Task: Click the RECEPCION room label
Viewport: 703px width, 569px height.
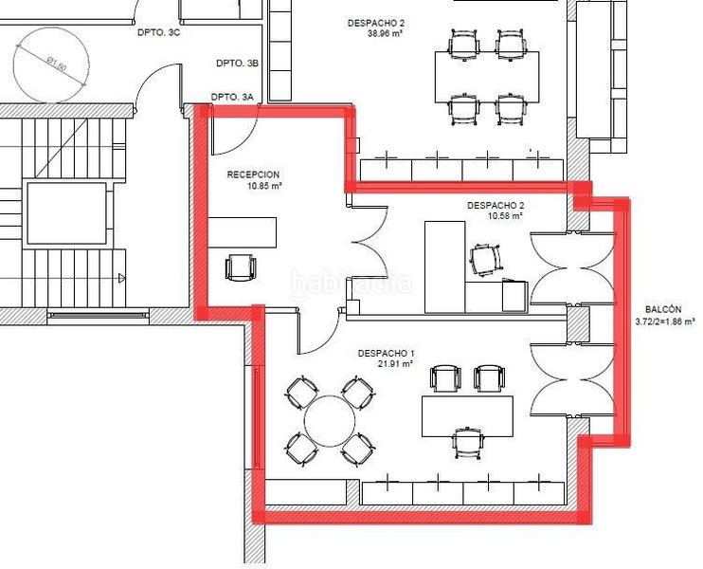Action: tap(253, 174)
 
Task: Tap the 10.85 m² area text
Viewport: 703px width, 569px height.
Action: tap(263, 185)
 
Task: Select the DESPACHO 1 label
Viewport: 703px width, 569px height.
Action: tap(386, 353)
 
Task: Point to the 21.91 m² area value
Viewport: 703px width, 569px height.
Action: tap(395, 364)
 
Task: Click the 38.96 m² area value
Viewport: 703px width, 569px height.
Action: tap(385, 33)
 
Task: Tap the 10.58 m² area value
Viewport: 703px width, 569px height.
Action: tap(505, 216)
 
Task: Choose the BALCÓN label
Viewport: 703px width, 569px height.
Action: tap(663, 309)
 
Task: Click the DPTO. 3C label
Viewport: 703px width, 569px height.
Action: tap(159, 32)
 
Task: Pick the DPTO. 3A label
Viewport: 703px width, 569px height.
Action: tap(232, 97)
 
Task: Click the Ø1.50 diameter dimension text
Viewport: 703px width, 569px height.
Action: tap(57, 64)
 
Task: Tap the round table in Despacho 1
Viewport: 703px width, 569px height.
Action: tap(330, 421)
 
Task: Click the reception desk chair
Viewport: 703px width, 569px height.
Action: tap(241, 267)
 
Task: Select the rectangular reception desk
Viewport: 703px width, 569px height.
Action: tap(243, 232)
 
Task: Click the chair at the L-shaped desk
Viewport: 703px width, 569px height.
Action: tap(485, 259)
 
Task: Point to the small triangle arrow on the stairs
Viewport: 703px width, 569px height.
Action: tap(121, 278)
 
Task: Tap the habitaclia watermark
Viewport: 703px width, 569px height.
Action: tap(351, 284)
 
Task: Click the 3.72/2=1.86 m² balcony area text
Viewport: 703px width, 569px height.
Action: tap(665, 321)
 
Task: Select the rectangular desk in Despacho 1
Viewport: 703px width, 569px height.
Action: tap(467, 416)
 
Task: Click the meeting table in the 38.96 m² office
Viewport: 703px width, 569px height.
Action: tap(487, 77)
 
